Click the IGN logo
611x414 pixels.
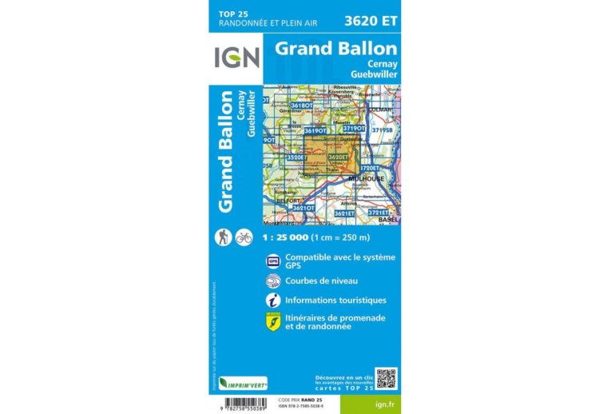coord(236,58)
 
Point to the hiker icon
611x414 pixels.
coord(224,237)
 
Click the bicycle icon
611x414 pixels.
coord(244,237)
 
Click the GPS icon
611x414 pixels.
coord(273,261)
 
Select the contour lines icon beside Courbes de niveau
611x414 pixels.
coord(273,281)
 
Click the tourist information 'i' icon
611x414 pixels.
coord(273,301)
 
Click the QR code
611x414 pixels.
coord(386,378)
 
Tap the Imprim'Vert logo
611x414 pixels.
coord(243,384)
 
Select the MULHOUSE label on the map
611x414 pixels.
coord(378,178)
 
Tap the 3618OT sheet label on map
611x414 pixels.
coord(301,105)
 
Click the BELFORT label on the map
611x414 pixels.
coord(276,201)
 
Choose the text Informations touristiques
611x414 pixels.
coord(335,301)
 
